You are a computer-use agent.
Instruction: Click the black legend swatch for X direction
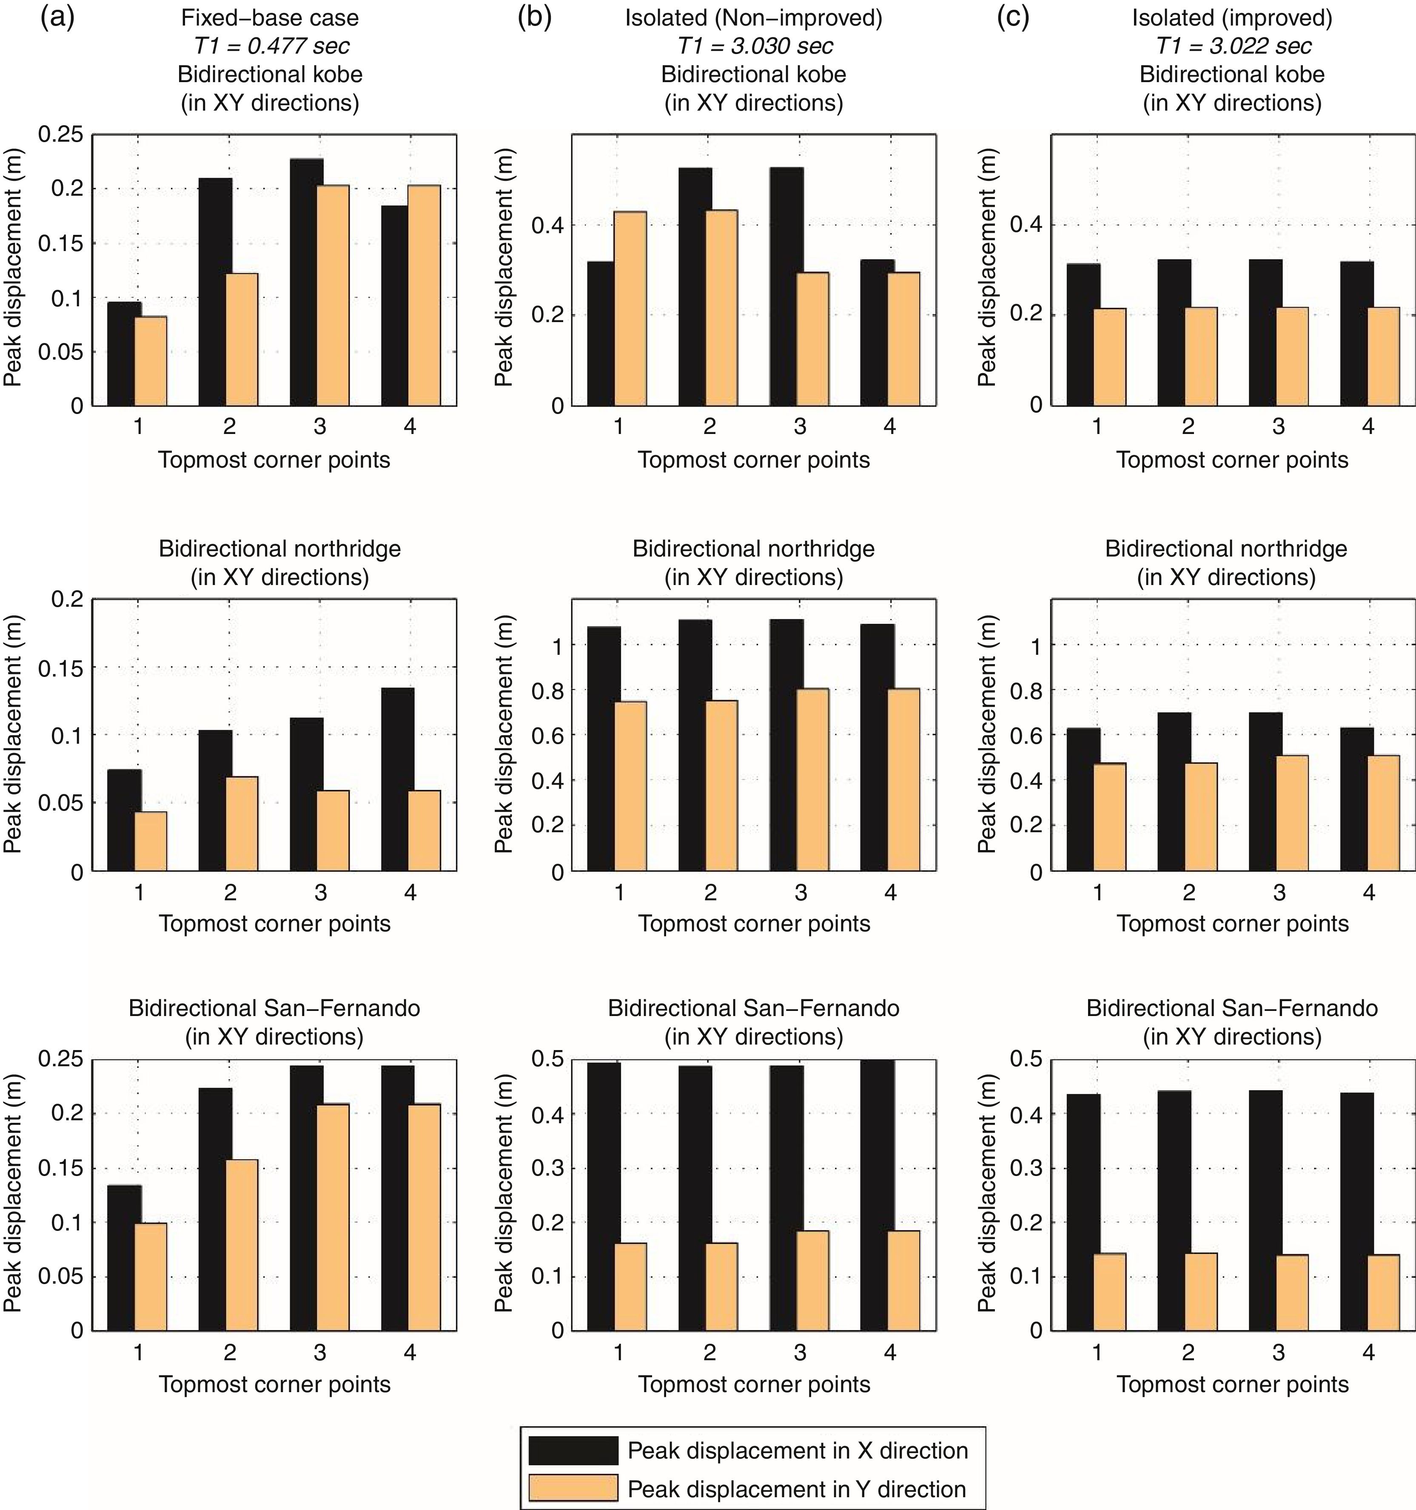tap(573, 1450)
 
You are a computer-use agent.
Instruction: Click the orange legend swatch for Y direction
tap(573, 1489)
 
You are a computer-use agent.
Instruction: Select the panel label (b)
tap(535, 17)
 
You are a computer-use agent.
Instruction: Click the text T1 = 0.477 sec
tap(271, 46)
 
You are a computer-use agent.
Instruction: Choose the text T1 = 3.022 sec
tap(1233, 46)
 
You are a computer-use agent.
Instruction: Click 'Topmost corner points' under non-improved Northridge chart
tap(754, 924)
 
